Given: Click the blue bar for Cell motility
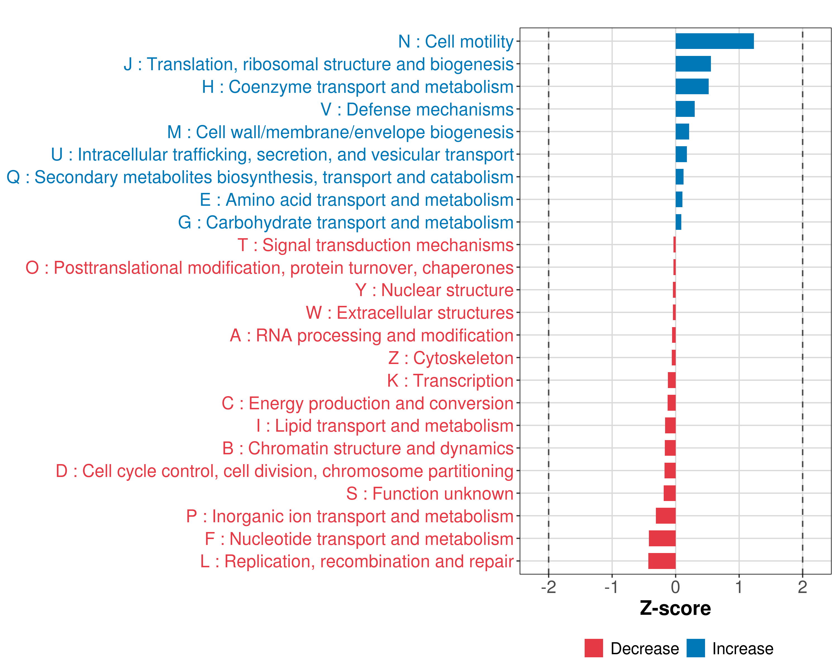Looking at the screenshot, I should [x=715, y=41].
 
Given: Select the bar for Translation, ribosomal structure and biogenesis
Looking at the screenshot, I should [x=693, y=64].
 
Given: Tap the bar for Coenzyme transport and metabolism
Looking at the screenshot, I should [x=692, y=86].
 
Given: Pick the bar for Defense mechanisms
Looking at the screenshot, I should [x=685, y=109].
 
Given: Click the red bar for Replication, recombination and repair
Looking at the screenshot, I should [x=662, y=561].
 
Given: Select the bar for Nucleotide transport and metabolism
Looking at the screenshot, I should [x=662, y=538].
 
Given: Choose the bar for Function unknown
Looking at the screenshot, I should [x=669, y=493].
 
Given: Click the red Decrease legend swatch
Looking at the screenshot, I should [x=594, y=648].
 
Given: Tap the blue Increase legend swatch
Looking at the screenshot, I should [x=695, y=648].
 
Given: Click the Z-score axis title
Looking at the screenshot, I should [x=675, y=608].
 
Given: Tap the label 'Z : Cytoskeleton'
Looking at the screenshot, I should [x=451, y=358].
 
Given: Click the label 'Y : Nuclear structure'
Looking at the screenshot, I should [x=434, y=290].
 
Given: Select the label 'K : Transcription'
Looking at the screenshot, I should [x=450, y=381].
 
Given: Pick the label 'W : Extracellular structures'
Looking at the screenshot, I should [x=410, y=313].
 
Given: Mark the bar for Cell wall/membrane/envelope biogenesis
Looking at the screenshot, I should [x=682, y=131].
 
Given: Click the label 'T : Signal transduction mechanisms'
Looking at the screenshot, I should [x=375, y=245].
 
